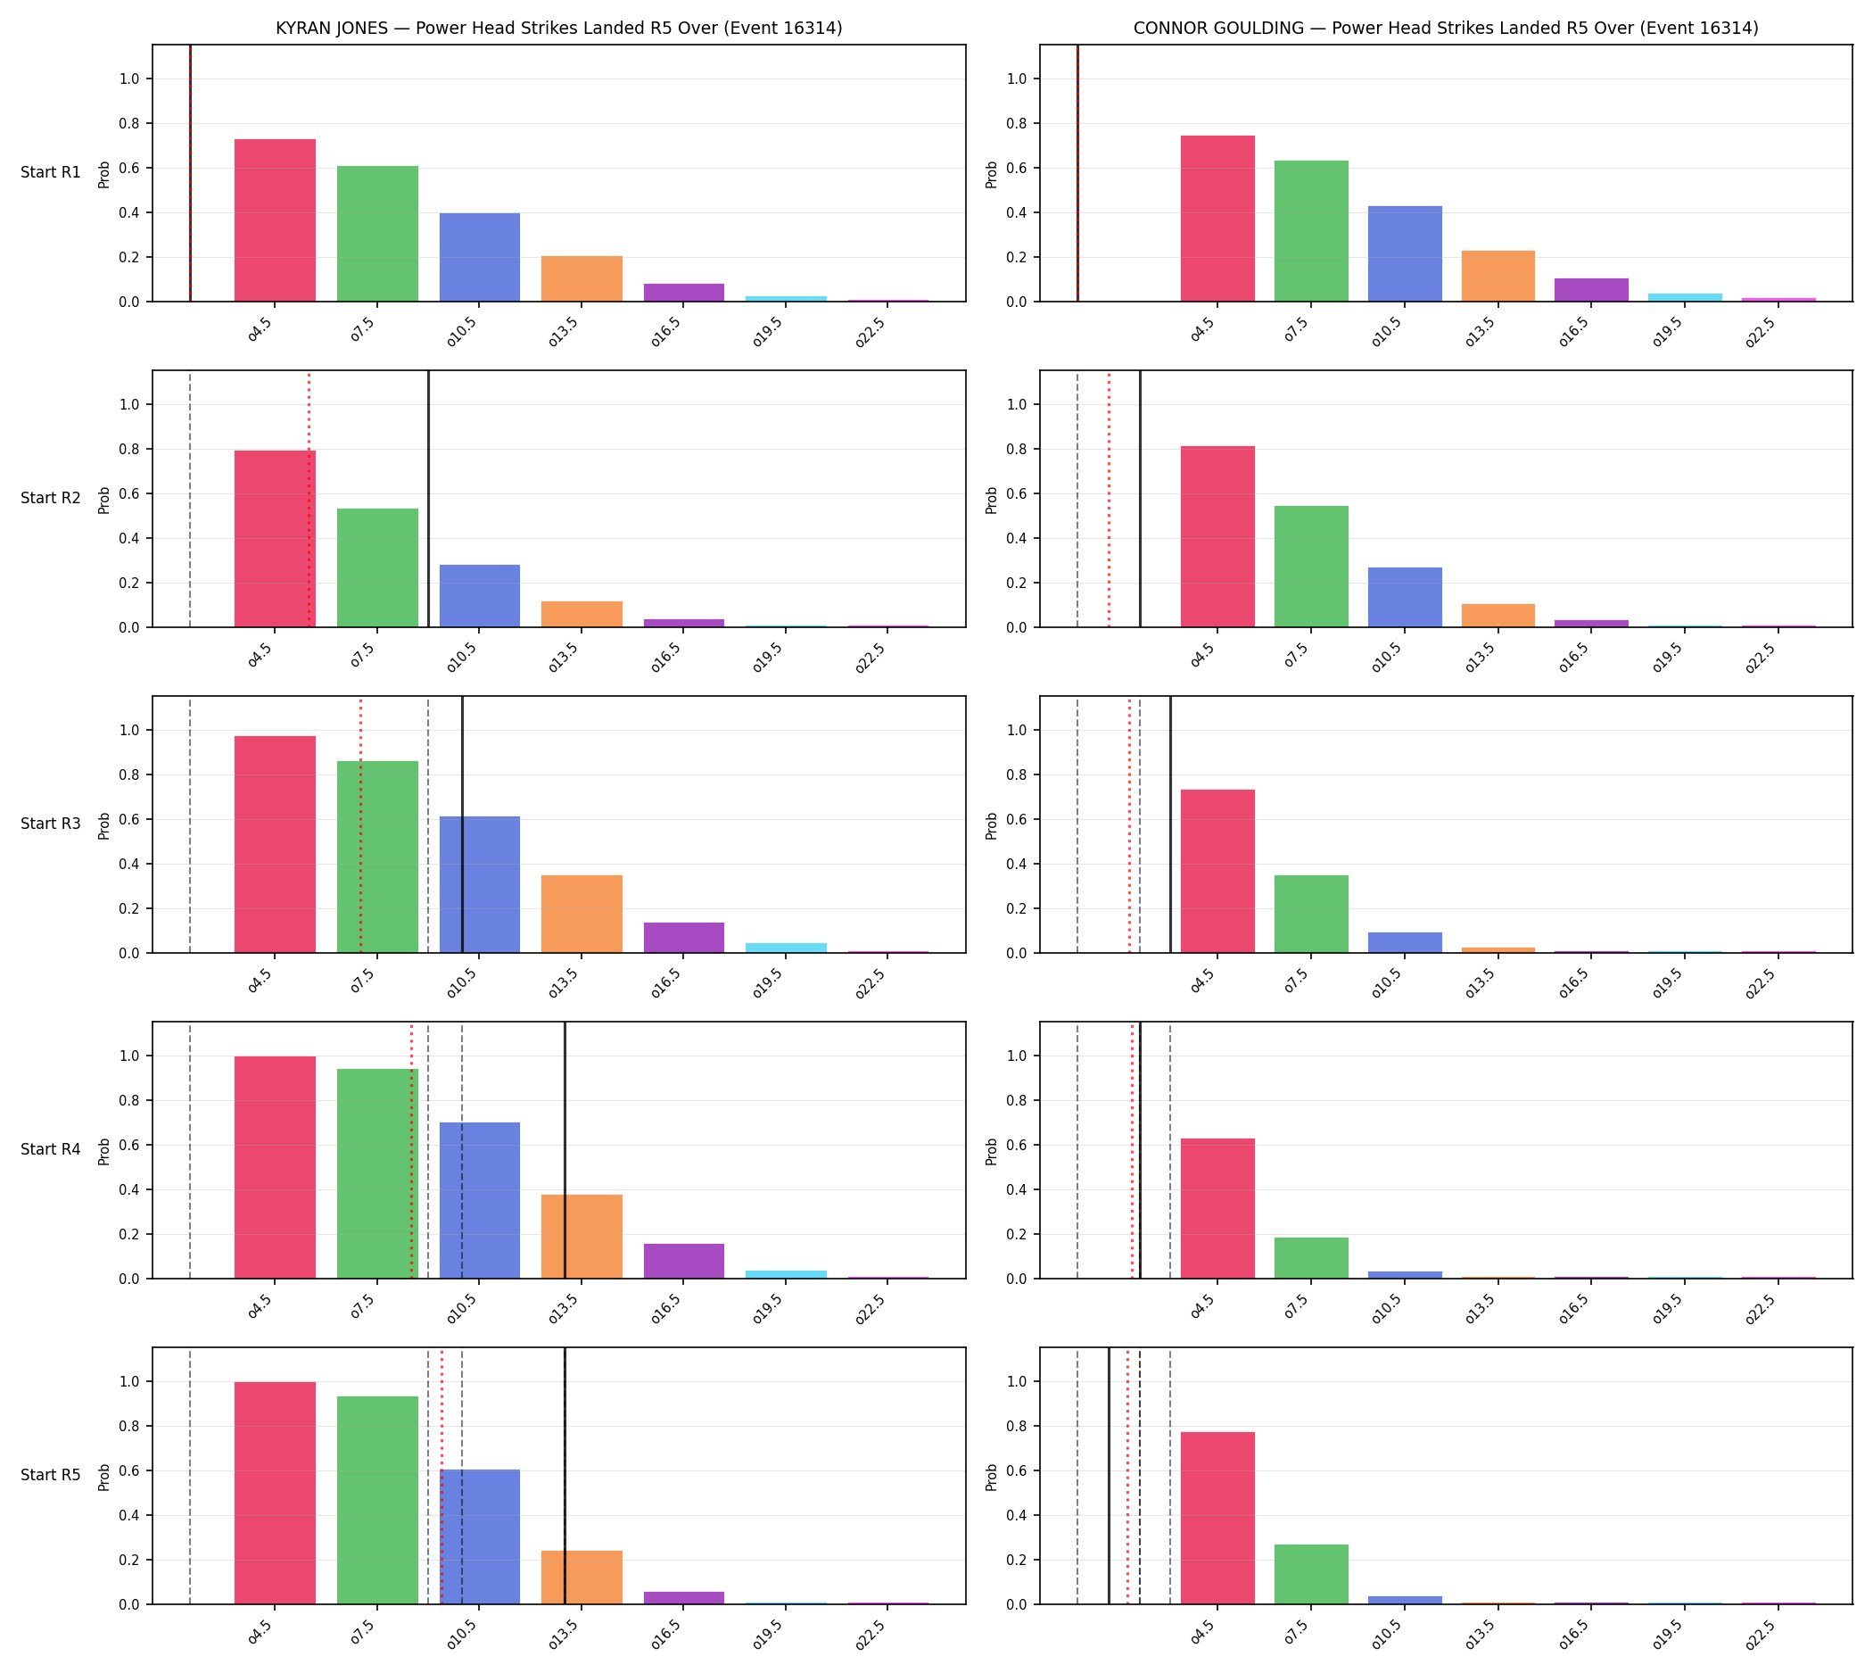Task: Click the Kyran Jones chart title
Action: coord(558,29)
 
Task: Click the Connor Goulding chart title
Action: coord(1446,29)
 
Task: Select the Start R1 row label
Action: coord(51,173)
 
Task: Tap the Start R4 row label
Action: coord(51,1150)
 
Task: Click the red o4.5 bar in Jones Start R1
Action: coord(275,220)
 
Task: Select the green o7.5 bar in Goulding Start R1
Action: coord(1310,232)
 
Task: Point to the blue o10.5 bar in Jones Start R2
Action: coord(480,596)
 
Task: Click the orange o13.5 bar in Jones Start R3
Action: coord(582,915)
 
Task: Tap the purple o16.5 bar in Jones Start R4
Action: coord(684,1261)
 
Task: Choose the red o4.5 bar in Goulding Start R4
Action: coord(1217,1209)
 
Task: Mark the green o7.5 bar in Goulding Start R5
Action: coord(1310,1575)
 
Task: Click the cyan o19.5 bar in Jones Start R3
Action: coord(786,948)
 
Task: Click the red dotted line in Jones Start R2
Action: coord(309,499)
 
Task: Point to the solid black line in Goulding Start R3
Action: coord(1170,824)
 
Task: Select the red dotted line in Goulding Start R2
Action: coord(1110,499)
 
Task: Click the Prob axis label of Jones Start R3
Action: coord(104,825)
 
